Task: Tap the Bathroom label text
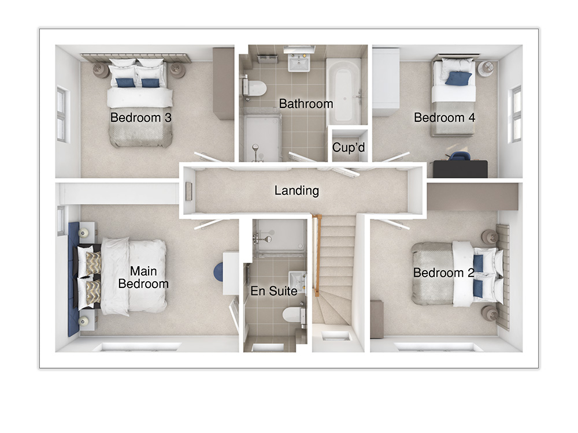[306, 104]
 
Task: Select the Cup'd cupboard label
[349, 148]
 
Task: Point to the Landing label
[297, 191]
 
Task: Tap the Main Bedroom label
[143, 277]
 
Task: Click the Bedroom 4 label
[444, 118]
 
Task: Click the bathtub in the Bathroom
[344, 89]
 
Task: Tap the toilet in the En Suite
[294, 315]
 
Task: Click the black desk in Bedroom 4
[460, 169]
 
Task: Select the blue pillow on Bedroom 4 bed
[458, 78]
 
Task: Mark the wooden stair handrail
[316, 254]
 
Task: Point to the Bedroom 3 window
[61, 114]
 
